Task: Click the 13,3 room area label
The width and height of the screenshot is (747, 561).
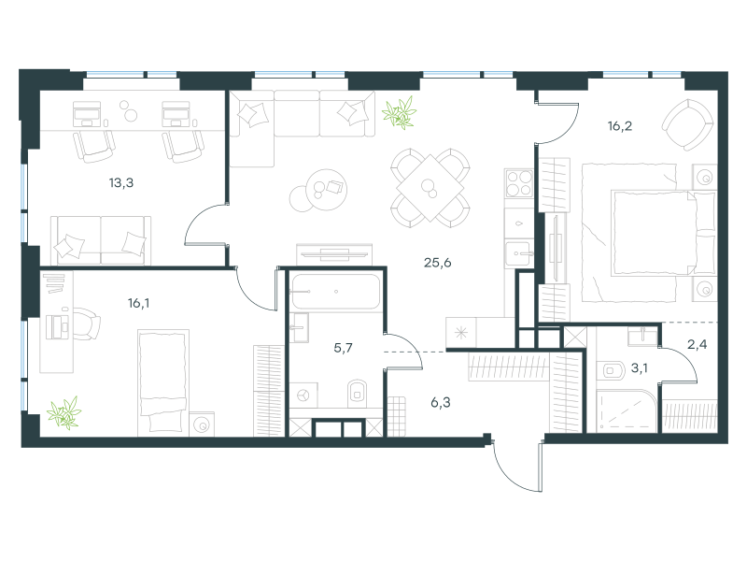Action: pyautogui.click(x=121, y=182)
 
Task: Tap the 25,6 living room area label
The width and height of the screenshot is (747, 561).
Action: pyautogui.click(x=437, y=263)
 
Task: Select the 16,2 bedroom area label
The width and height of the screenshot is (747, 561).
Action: pyautogui.click(x=620, y=126)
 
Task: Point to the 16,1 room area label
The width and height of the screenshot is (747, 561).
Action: pyautogui.click(x=138, y=303)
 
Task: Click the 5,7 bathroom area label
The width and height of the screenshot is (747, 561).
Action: pyautogui.click(x=343, y=348)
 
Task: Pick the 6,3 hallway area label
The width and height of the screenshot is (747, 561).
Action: pyautogui.click(x=440, y=403)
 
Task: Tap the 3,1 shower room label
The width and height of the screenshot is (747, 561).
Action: pyautogui.click(x=639, y=367)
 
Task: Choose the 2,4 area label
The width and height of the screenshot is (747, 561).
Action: pyautogui.click(x=697, y=344)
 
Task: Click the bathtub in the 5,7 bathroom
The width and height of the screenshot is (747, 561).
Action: pyautogui.click(x=336, y=292)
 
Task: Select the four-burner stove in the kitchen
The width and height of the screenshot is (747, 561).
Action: pyautogui.click(x=519, y=183)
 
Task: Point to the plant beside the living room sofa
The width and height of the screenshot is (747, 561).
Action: pyautogui.click(x=400, y=113)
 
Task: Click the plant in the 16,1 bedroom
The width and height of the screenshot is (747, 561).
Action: pyautogui.click(x=64, y=413)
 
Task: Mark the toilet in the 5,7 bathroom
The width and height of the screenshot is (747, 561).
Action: pyautogui.click(x=358, y=394)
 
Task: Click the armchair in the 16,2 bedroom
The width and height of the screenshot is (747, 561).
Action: pyautogui.click(x=688, y=124)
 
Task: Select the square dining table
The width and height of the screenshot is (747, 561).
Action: pyautogui.click(x=430, y=188)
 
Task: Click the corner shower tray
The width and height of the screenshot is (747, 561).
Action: pyautogui.click(x=627, y=411)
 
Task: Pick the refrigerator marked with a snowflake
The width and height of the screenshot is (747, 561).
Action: pyautogui.click(x=461, y=333)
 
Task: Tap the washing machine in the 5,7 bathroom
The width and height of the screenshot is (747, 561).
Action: pyautogui.click(x=303, y=395)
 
